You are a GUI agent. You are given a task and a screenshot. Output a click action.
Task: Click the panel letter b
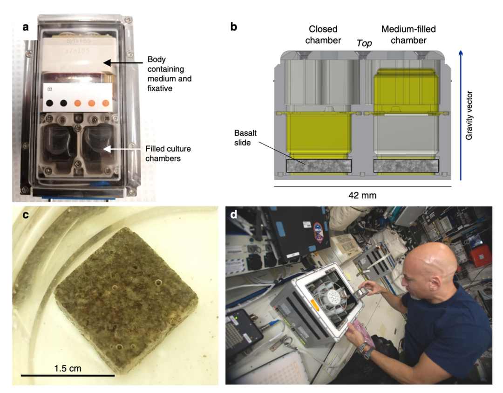click(x=234, y=27)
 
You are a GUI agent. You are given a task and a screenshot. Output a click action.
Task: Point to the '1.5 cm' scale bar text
click(x=68, y=368)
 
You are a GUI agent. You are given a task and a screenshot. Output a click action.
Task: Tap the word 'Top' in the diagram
click(x=364, y=44)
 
